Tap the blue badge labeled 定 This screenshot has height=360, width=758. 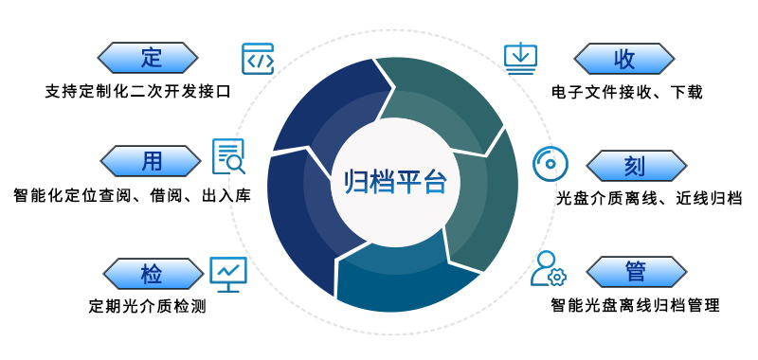click(151, 57)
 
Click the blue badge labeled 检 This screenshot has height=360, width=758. click(151, 274)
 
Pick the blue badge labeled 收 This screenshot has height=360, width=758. click(623, 58)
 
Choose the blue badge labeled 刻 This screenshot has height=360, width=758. click(635, 166)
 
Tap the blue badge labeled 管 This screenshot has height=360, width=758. click(635, 272)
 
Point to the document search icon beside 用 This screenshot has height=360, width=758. click(228, 157)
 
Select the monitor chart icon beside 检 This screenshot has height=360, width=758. click(227, 273)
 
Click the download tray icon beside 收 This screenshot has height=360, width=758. click(520, 57)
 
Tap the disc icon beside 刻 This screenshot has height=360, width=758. click(549, 164)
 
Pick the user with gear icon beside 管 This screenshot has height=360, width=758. click(548, 269)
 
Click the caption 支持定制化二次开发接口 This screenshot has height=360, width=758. click(137, 92)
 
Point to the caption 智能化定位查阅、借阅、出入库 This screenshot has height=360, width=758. click(132, 197)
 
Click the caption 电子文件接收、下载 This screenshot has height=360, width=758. click(626, 92)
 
